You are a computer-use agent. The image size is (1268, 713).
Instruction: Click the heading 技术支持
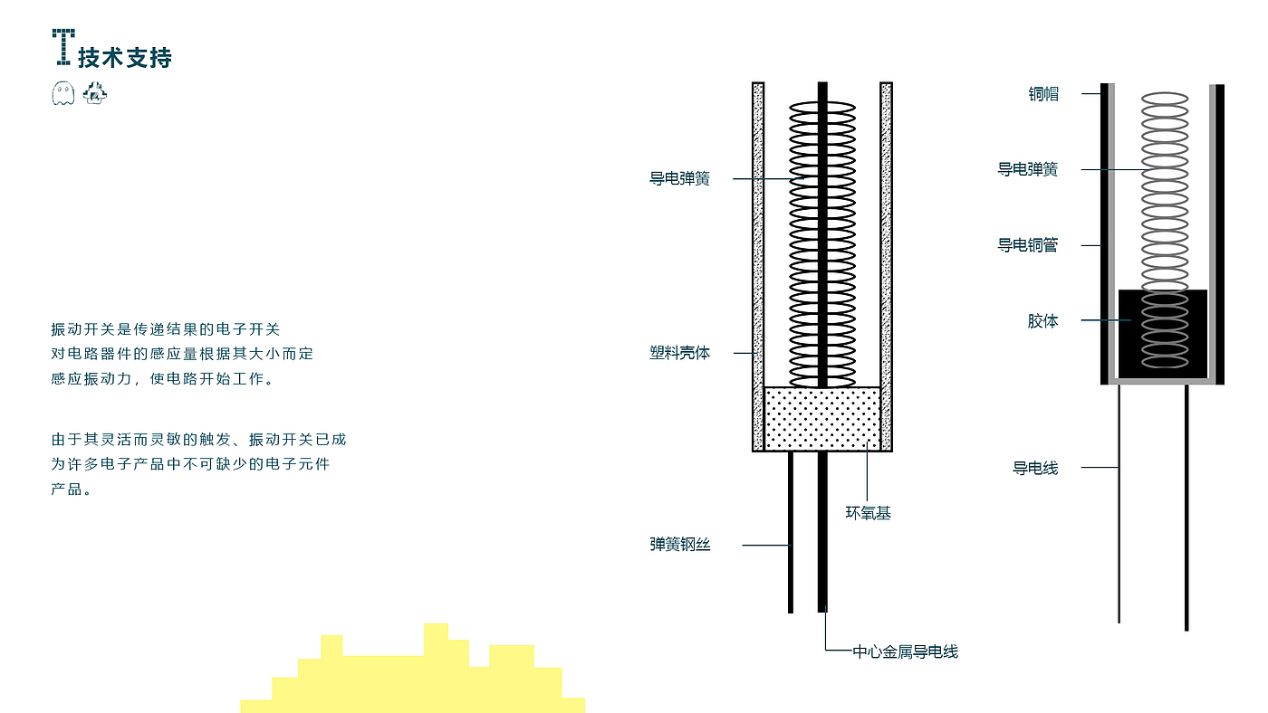[125, 58]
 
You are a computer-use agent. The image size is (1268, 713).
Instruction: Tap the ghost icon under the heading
[62, 93]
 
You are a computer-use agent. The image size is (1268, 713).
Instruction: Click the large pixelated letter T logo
[63, 47]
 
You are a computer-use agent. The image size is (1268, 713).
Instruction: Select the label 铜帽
[1043, 94]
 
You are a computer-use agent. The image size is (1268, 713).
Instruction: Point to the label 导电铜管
[1027, 245]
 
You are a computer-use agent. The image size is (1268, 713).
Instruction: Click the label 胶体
[1042, 321]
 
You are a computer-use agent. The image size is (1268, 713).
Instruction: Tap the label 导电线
[1034, 468]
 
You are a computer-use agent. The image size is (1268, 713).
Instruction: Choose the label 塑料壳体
[679, 353]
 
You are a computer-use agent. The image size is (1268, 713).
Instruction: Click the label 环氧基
[868, 513]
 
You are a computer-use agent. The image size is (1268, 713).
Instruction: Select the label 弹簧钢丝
[680, 545]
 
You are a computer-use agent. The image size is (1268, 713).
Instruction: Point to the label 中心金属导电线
[905, 652]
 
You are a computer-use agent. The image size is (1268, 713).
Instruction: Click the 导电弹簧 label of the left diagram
[679, 178]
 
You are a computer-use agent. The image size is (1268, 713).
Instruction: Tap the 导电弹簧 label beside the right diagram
[1027, 169]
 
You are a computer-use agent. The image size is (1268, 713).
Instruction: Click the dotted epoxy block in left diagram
[822, 419]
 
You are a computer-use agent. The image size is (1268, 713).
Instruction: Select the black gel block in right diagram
[1163, 334]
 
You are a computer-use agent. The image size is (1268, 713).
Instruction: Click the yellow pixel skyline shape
[413, 669]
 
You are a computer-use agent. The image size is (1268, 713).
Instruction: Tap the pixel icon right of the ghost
[94, 93]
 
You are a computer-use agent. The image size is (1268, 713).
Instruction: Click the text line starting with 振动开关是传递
[165, 329]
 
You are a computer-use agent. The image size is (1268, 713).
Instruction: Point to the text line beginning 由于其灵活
[198, 440]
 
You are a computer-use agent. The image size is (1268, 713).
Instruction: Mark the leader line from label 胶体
[1106, 320]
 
